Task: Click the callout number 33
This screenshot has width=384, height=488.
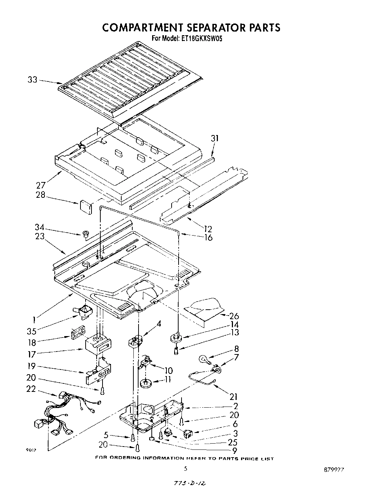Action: [x=33, y=79]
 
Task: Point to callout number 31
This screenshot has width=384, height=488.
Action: [x=215, y=138]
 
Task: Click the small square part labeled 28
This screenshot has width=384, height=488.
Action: [x=86, y=207]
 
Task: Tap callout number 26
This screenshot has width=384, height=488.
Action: [x=234, y=316]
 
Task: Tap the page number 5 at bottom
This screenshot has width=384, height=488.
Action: [x=186, y=468]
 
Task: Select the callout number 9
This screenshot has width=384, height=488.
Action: [x=234, y=451]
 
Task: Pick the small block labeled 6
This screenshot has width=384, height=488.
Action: [x=188, y=434]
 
